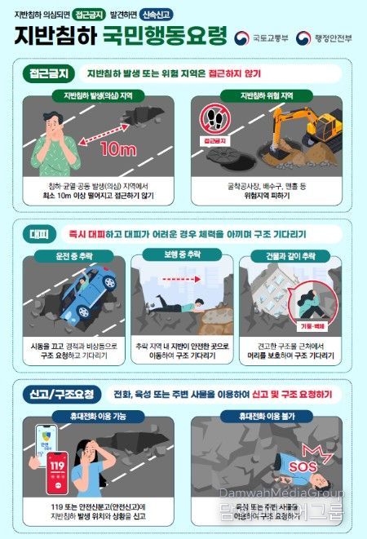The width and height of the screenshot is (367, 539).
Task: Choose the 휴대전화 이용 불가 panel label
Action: click(265, 415)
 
